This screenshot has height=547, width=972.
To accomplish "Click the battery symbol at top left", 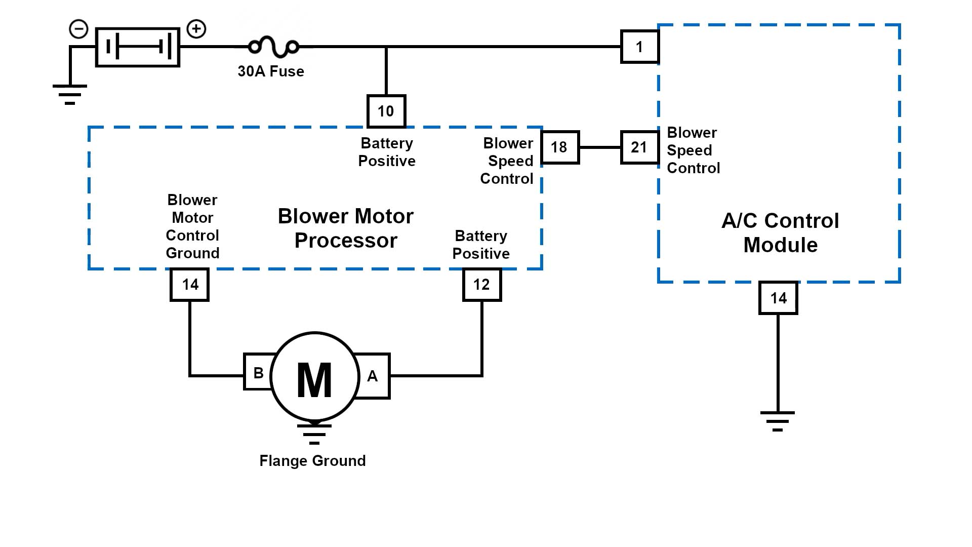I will (x=138, y=47).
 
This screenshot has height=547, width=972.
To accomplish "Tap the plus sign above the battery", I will (x=196, y=29).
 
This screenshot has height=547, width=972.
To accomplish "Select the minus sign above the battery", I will (x=78, y=29).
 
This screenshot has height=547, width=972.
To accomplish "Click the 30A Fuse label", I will (x=271, y=71).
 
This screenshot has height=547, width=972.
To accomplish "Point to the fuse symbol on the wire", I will (x=274, y=47).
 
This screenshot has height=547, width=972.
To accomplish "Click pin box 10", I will (x=386, y=111).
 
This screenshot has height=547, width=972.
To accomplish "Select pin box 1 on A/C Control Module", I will (x=639, y=47).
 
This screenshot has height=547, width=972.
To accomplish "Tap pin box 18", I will (x=559, y=147).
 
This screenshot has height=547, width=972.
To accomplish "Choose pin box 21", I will (x=639, y=147).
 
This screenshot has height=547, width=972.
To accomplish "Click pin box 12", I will (x=481, y=285).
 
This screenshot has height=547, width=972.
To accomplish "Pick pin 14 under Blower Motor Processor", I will (x=190, y=285).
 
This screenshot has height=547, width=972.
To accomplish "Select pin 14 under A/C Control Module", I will (x=778, y=298).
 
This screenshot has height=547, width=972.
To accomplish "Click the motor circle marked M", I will (x=314, y=377).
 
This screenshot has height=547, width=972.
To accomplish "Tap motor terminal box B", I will (x=258, y=373).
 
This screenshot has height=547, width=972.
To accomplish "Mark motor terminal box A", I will (x=373, y=376).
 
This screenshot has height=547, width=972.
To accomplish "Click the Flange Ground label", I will (x=312, y=461).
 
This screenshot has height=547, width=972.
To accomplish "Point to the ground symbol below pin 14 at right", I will (x=778, y=420).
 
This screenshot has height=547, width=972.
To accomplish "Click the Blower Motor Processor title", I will (x=346, y=228).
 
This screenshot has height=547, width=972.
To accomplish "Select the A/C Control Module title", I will (x=780, y=233).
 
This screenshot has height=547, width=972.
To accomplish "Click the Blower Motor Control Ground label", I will (x=192, y=226).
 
